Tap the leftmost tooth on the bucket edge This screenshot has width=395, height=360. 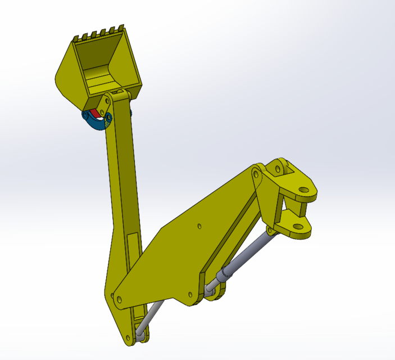coord(76,38)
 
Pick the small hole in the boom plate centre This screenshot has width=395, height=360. coord(199,227)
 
